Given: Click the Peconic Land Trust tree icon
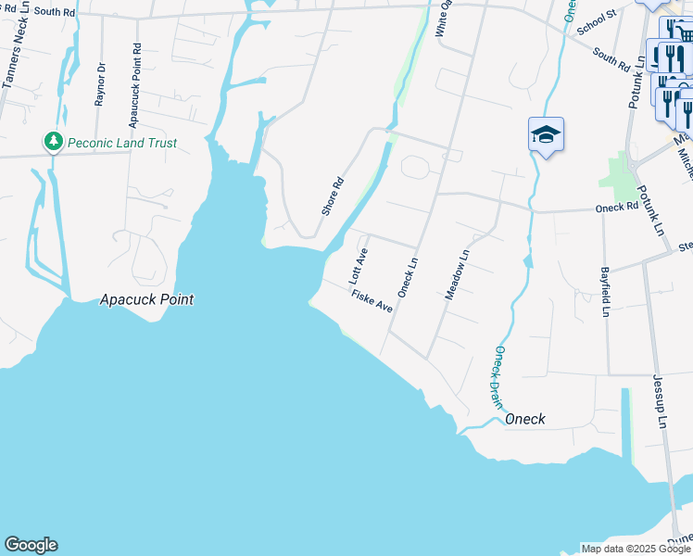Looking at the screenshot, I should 54,142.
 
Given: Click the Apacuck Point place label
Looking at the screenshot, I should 147,299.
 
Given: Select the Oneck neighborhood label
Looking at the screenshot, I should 524,419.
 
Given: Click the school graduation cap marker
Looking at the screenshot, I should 546,135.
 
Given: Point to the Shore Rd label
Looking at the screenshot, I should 333,196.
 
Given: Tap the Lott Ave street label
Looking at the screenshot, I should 359,266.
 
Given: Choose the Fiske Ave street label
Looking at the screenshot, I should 372,300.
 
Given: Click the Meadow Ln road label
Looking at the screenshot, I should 458,274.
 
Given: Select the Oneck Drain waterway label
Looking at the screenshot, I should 498,377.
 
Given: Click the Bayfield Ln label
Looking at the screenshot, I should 604,292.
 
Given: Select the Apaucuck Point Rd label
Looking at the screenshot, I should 135,71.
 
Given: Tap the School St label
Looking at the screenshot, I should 597,22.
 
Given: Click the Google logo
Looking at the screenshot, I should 31,545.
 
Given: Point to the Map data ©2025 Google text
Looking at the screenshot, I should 636,549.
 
